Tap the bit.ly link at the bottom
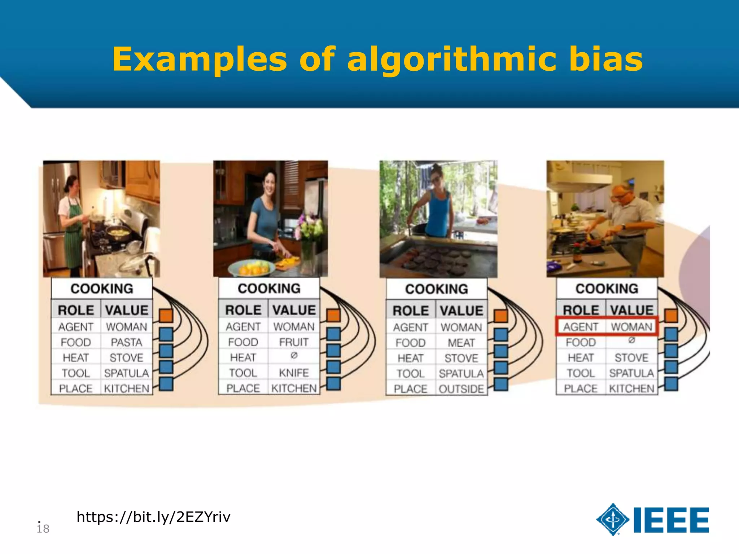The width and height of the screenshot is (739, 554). tap(153, 517)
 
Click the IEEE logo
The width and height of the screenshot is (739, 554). tap(653, 519)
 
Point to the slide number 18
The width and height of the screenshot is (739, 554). tap(43, 528)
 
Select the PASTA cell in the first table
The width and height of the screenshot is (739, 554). tap(126, 342)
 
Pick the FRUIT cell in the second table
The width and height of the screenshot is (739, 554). tap(294, 342)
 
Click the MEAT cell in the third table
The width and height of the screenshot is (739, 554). tap(461, 343)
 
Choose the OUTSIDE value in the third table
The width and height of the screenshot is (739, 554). tap(461, 389)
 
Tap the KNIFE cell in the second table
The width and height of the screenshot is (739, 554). tap(294, 373)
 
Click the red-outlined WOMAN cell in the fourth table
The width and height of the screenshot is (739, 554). tap(631, 327)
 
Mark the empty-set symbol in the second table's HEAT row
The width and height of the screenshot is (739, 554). tap(294, 356)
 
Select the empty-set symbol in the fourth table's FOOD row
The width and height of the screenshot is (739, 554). tap(631, 340)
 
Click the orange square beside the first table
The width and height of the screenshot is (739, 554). tap(166, 316)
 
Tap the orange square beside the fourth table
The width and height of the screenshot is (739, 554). tap(671, 316)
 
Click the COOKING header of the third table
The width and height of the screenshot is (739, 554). tap(437, 289)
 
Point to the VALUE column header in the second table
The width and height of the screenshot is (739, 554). tap(294, 310)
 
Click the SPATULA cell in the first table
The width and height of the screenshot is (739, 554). tap(126, 373)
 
